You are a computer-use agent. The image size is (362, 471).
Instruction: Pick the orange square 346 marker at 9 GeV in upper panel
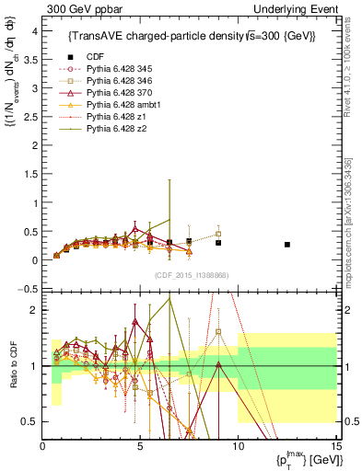tap(218, 234)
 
